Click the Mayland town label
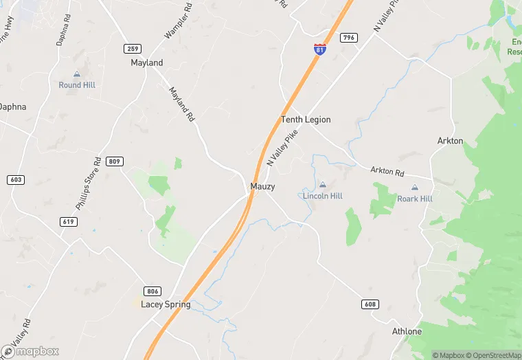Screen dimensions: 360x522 tap(147, 63)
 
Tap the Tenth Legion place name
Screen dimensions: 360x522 tap(306, 120)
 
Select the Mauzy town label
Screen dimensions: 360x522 tap(262, 186)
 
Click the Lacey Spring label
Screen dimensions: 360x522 tap(166, 304)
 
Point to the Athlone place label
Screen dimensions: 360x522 tap(407, 331)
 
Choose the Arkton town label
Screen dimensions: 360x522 tap(451, 141)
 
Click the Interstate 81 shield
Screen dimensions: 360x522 tap(319, 49)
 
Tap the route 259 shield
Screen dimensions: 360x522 tap(133, 48)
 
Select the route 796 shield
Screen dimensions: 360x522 tap(348, 37)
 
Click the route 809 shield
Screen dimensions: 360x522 tap(115, 161)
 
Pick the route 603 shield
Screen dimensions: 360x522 tap(16, 179)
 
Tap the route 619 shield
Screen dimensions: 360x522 tap(68, 221)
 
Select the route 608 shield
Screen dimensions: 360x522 tap(369, 304)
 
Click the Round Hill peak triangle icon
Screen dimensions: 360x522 tap(77, 74)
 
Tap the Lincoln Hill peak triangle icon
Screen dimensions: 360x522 tap(323, 184)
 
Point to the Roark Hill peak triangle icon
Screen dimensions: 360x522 tap(415, 187)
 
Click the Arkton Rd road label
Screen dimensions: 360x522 tap(387, 171)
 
